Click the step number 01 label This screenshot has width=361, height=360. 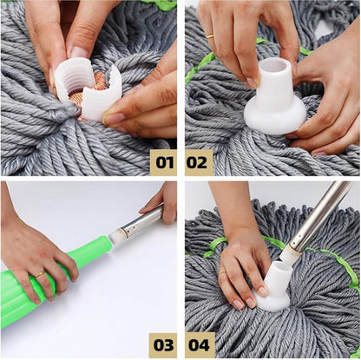[x=163, y=161]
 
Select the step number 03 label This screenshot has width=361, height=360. [x=163, y=344]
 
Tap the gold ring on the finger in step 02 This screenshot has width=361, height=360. [x=210, y=36]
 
